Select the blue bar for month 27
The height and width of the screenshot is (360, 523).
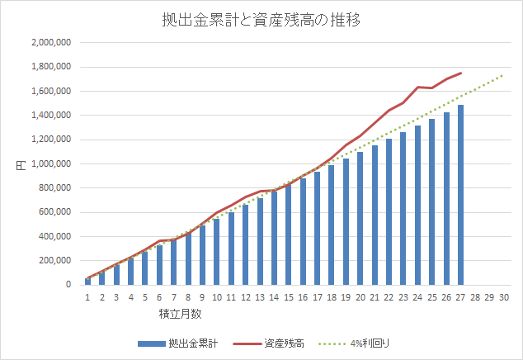(459, 195)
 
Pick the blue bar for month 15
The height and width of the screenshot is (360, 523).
(288, 234)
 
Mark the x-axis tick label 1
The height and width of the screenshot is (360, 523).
(87, 298)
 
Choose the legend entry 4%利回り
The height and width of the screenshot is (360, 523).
(375, 343)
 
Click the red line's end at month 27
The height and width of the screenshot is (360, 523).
(460, 73)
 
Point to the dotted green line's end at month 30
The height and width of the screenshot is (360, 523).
(503, 74)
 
